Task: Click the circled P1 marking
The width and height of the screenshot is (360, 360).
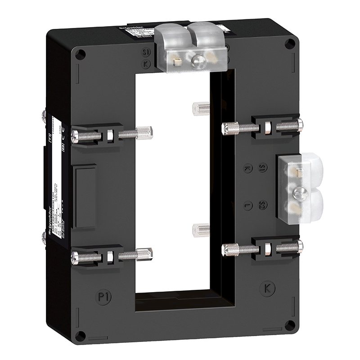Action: pos(103,296)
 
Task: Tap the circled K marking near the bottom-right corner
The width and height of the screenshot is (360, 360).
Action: pos(268,288)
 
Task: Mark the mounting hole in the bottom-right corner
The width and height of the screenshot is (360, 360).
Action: pos(291,324)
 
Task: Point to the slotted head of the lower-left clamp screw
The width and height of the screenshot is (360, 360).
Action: pos(76,257)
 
